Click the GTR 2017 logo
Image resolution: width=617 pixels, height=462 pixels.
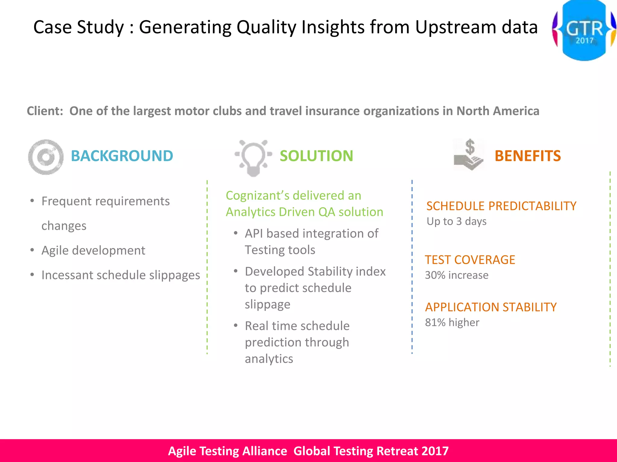pyautogui.click(x=584, y=30)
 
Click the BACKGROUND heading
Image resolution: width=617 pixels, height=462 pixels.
pyautogui.click(x=122, y=156)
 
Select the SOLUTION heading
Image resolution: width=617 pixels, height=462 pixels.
pyautogui.click(x=316, y=156)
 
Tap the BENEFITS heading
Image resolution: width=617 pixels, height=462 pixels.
pyautogui.click(x=528, y=156)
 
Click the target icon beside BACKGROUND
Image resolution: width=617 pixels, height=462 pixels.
pyautogui.click(x=46, y=157)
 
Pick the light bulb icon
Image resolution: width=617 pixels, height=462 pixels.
pyautogui.click(x=253, y=157)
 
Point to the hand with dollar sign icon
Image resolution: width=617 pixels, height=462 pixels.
pyautogui.click(x=469, y=155)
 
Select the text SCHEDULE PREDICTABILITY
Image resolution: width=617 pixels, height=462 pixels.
pyautogui.click(x=501, y=206)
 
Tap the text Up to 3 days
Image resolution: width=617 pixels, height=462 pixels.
pyautogui.click(x=456, y=221)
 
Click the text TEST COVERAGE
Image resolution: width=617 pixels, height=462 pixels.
pyautogui.click(x=470, y=260)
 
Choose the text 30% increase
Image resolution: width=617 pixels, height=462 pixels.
pyautogui.click(x=456, y=275)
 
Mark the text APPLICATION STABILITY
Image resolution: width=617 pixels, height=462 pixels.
pyautogui.click(x=491, y=307)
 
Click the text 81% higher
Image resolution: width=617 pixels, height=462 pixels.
pyautogui.click(x=452, y=322)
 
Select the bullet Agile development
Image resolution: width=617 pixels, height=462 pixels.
pyautogui.click(x=93, y=251)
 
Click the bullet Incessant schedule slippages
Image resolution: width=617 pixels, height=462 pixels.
pyautogui.click(x=121, y=275)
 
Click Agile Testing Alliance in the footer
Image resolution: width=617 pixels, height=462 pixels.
pyautogui.click(x=227, y=451)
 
